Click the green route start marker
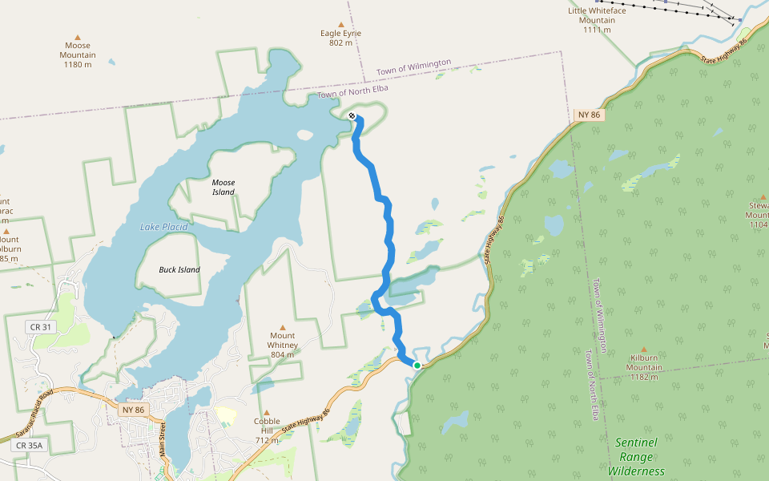[417, 366]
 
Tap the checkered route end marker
[352, 116]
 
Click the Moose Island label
[223, 187]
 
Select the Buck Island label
[179, 269]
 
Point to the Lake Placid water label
[163, 227]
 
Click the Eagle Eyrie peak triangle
[341, 24]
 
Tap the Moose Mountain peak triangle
[78, 36]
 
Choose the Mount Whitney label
[283, 340]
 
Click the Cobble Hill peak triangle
[267, 412]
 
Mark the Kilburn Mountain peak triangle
[644, 349]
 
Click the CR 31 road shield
[40, 327]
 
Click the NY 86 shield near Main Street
[134, 410]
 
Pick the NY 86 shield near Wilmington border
[589, 115]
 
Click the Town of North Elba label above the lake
[353, 91]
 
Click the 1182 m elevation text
[644, 378]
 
